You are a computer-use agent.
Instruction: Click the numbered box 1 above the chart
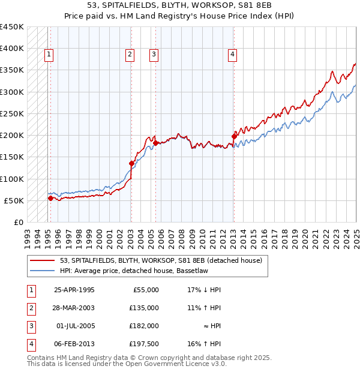pyautogui.click(x=49, y=55)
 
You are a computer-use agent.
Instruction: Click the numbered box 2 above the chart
pyautogui.click(x=130, y=55)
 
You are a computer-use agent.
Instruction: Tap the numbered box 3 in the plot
pyautogui.click(x=154, y=55)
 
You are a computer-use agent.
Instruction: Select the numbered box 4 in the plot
pyautogui.click(x=232, y=55)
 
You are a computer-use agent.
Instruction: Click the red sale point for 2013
pyautogui.click(x=234, y=136)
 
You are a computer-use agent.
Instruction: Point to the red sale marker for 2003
pyautogui.click(x=131, y=163)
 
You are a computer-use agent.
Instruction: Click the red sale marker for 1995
pyautogui.click(x=50, y=198)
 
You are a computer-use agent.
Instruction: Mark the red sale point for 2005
pyautogui.click(x=155, y=143)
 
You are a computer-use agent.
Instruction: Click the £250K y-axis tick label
pyautogui.click(x=12, y=113)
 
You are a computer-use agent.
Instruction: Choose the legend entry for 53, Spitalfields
pyautogui.click(x=161, y=261)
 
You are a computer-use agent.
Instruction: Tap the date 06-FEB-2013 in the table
pyautogui.click(x=74, y=344)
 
